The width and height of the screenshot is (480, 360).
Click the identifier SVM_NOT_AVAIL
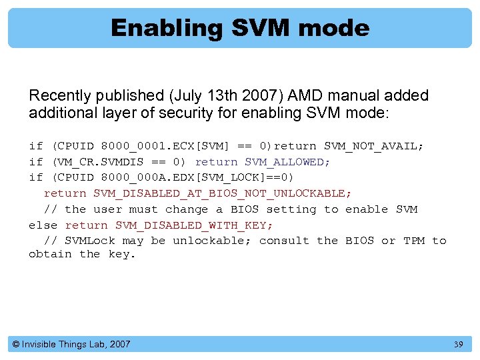[373, 146]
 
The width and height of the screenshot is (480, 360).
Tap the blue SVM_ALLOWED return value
[287, 162]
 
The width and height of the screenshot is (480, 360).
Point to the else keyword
[43, 225]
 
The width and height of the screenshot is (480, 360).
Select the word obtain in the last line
[50, 254]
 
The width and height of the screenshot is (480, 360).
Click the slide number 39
[458, 345]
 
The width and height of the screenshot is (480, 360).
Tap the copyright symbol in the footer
[16, 345]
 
